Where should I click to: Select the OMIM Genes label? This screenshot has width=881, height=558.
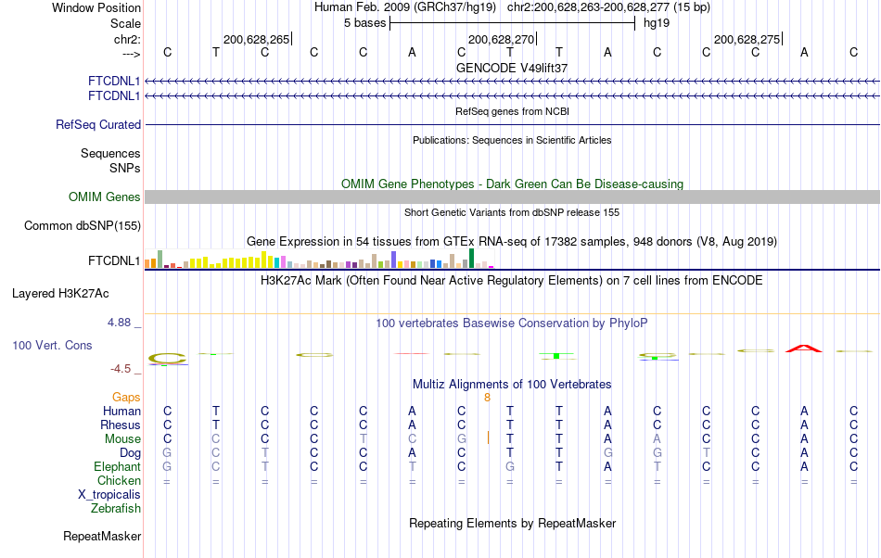click(105, 197)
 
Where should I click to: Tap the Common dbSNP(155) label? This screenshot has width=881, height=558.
click(83, 225)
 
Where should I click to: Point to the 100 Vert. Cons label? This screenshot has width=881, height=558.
click(52, 345)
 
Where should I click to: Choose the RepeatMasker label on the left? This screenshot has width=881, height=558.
click(102, 536)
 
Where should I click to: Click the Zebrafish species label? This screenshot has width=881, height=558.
click(116, 508)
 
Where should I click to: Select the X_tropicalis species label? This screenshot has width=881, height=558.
click(109, 494)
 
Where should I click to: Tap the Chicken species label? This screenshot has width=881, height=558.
click(119, 481)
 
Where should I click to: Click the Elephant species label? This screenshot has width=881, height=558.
click(117, 467)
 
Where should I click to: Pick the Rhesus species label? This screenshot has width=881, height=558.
click(121, 425)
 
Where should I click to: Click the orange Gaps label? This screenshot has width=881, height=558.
click(126, 397)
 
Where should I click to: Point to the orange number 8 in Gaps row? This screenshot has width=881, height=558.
click(487, 397)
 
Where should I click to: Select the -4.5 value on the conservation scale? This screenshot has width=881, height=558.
click(122, 369)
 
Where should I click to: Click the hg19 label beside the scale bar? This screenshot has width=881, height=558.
click(657, 22)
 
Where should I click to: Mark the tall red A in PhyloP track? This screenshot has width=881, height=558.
click(804, 349)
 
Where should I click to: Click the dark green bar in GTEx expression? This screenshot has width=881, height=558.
click(472, 258)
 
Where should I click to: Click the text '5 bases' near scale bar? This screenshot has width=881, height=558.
click(364, 22)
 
